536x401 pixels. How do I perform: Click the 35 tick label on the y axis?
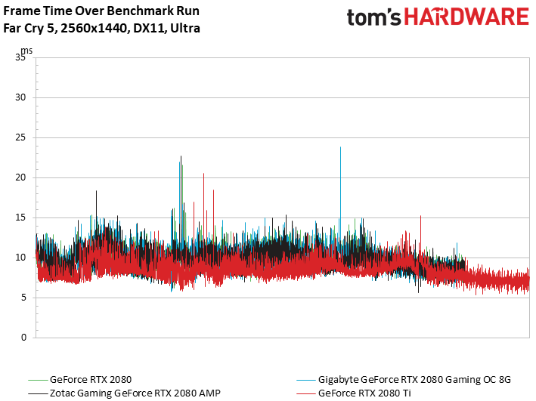click(20, 57)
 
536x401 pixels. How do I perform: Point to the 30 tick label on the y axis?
click(20, 97)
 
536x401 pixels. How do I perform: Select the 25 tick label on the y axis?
click(20, 137)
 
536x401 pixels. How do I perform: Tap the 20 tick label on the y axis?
click(20, 177)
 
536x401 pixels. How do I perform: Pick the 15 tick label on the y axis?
click(20, 217)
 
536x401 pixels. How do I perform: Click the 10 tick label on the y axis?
click(20, 258)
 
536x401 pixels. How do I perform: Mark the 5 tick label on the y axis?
click(23, 298)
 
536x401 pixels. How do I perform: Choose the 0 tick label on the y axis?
click(23, 338)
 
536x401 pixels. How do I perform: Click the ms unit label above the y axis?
click(26, 51)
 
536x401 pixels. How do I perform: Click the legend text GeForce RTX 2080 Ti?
click(364, 393)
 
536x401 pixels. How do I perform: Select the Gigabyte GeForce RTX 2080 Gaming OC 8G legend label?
click(414, 380)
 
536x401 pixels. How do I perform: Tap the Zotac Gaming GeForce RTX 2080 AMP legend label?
click(135, 393)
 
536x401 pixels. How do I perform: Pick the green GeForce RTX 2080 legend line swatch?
click(38, 380)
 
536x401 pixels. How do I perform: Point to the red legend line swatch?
click(306, 393)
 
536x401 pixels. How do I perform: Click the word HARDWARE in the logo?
click(466, 17)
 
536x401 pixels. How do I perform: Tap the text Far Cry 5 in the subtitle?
click(29, 28)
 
